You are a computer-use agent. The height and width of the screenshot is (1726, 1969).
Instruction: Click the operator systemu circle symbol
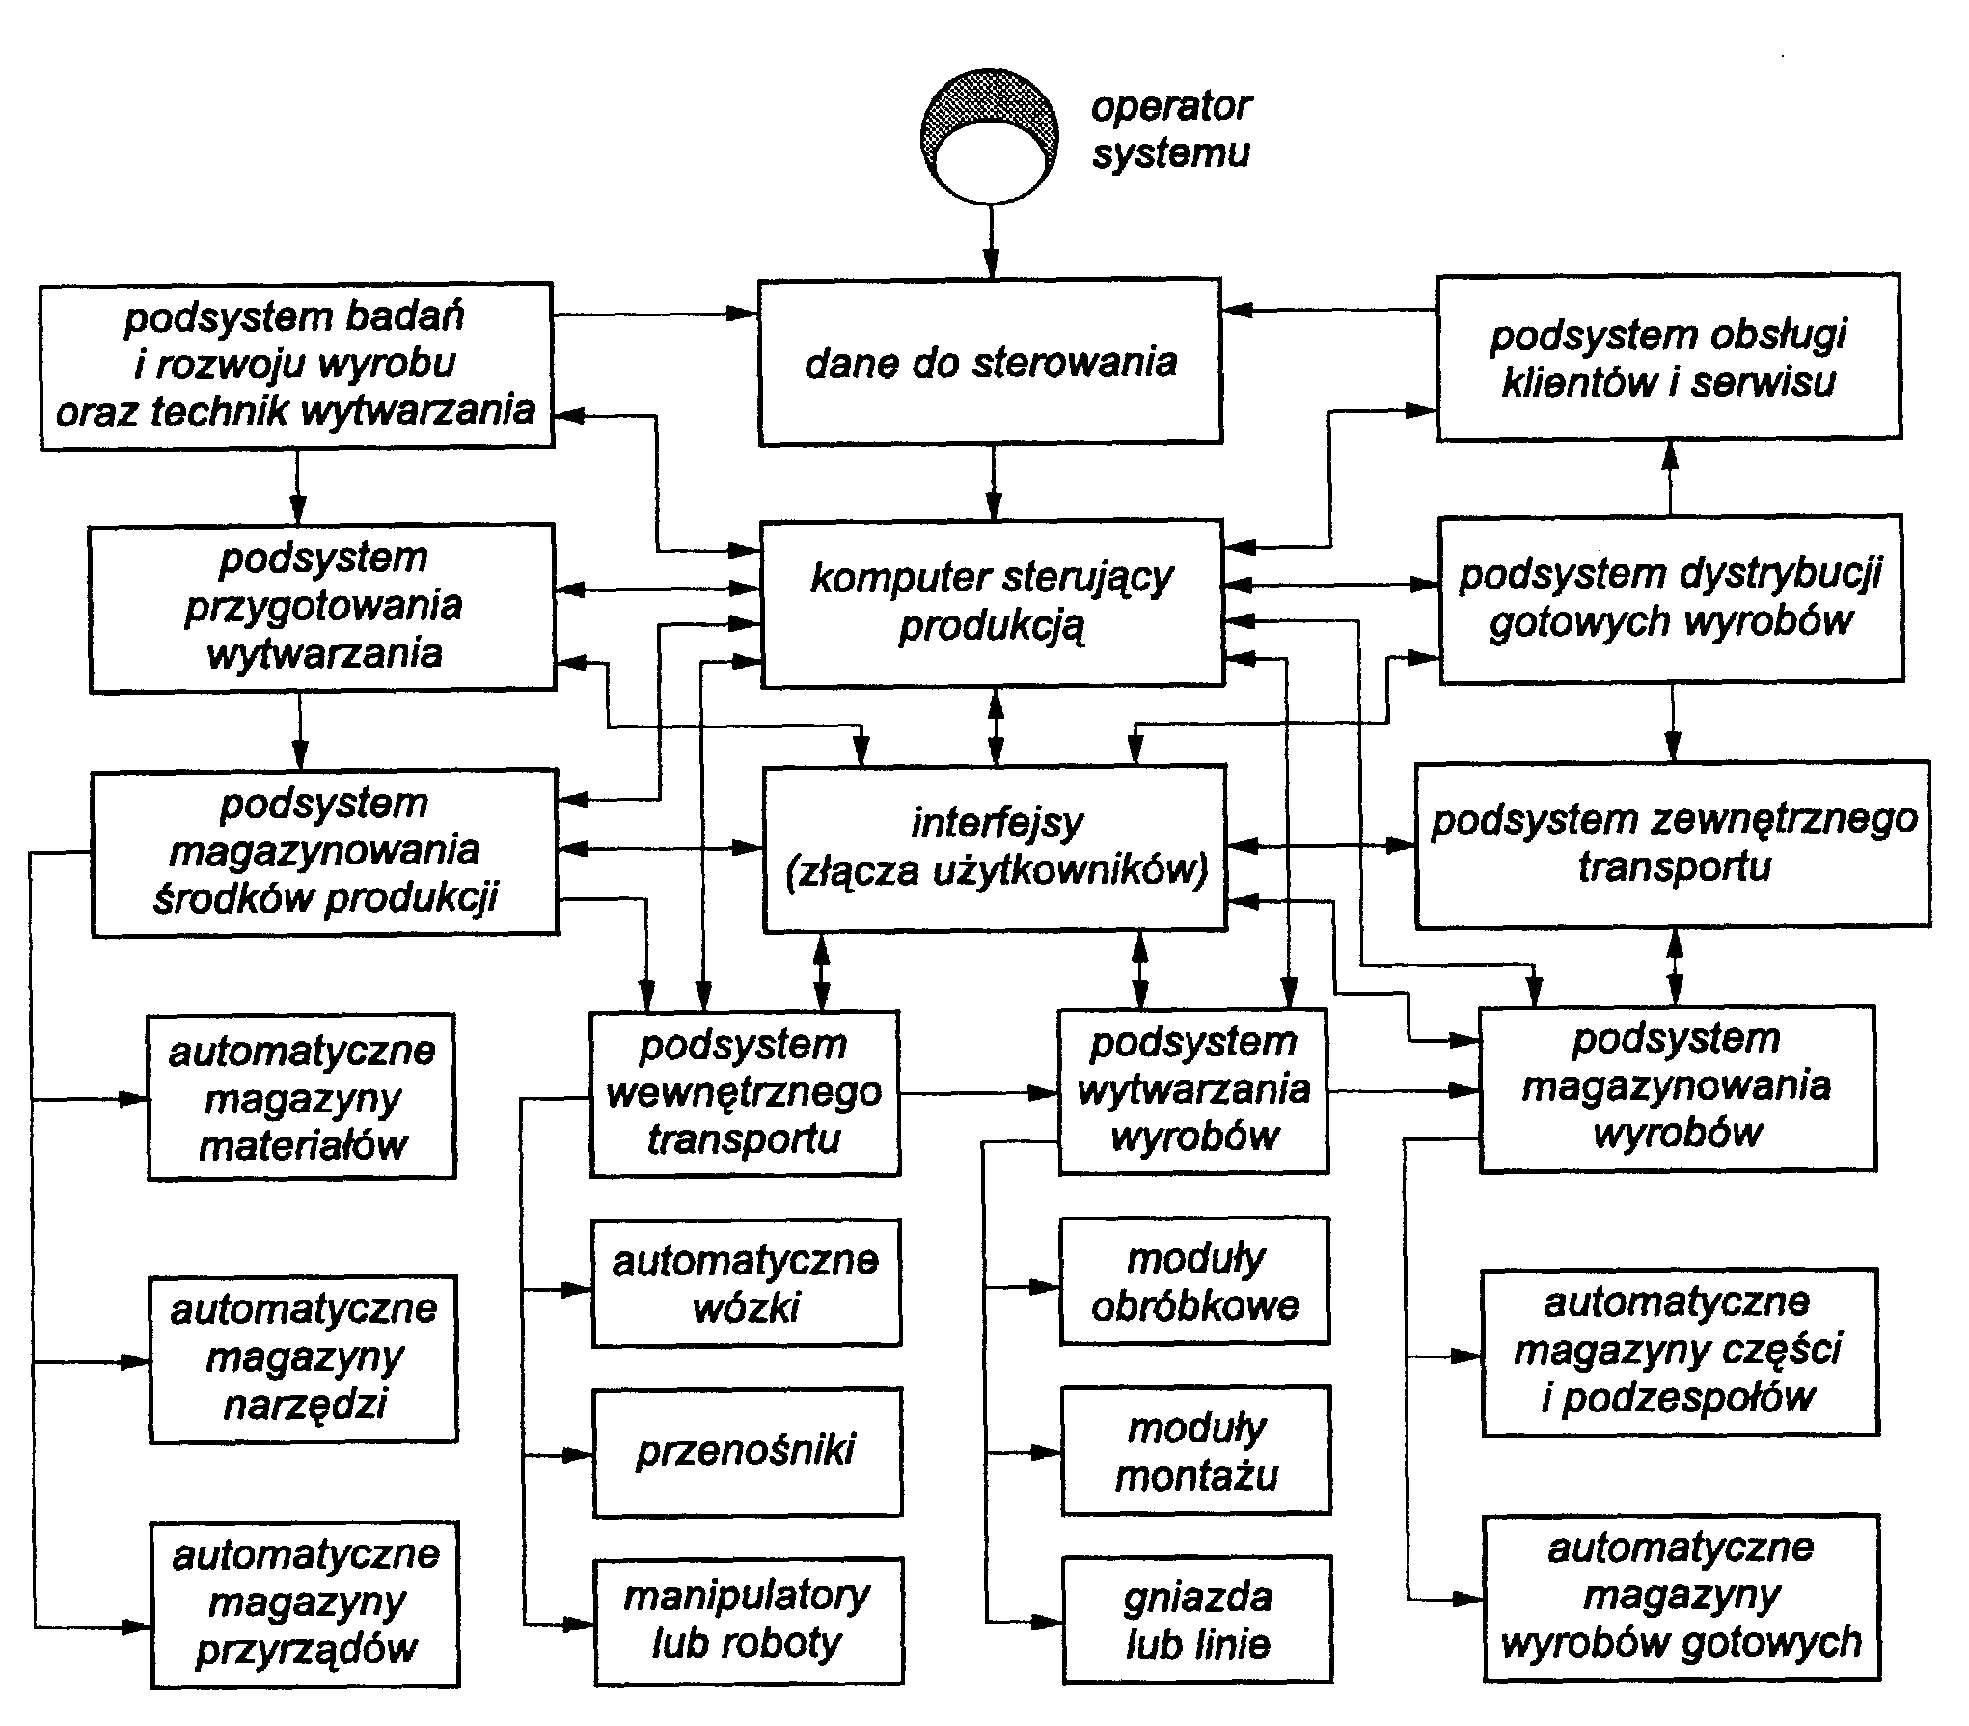point(989,136)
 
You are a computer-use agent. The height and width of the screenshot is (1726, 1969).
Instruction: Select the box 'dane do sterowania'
point(990,362)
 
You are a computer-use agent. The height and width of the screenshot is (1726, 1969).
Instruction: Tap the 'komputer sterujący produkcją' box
point(992,603)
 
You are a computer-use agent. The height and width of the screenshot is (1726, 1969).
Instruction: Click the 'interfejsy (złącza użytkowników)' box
point(995,848)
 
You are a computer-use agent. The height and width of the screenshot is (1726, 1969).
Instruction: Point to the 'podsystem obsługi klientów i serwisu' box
point(1668,358)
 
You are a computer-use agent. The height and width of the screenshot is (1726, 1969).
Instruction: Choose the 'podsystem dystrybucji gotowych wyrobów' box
point(1670,598)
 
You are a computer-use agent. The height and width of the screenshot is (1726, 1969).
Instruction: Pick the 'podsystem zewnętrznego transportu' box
point(1673,843)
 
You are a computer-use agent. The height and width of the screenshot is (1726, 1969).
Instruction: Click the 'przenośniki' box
point(747,1451)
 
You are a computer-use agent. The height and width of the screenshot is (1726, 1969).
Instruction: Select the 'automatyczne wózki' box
point(746,1283)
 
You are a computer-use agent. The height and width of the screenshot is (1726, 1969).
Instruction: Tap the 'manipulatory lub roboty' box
point(749,1621)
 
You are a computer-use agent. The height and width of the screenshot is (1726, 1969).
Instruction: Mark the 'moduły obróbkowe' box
point(1194,1281)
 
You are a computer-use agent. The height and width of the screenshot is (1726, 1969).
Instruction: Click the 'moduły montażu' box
point(1196,1450)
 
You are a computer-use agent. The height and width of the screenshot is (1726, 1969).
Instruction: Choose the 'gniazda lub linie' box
point(1197,1620)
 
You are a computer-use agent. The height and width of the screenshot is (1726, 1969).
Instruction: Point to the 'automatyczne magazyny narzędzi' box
point(303,1357)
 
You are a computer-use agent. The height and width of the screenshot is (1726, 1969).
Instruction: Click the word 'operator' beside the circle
point(1170,106)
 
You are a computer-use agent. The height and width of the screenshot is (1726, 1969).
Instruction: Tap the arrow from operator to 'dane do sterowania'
point(990,241)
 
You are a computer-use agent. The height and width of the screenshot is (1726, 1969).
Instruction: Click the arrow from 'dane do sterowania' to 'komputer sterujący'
point(992,482)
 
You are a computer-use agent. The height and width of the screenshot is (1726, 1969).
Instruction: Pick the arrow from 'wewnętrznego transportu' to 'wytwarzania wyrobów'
point(978,1093)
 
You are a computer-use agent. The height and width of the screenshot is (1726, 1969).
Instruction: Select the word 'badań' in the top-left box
point(417,316)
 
